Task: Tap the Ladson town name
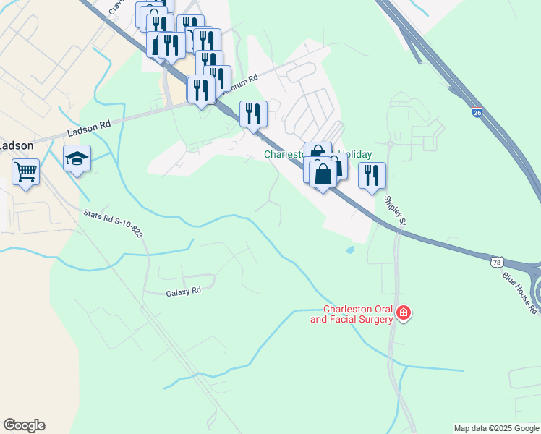point(16,145)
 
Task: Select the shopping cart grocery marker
point(25,173)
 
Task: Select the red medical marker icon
point(404,314)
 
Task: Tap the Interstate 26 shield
point(477,113)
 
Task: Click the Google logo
point(24,425)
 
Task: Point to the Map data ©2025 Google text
point(496,428)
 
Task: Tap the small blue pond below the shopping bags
point(351,250)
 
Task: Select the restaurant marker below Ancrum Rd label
point(253,114)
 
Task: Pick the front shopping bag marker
point(323,174)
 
